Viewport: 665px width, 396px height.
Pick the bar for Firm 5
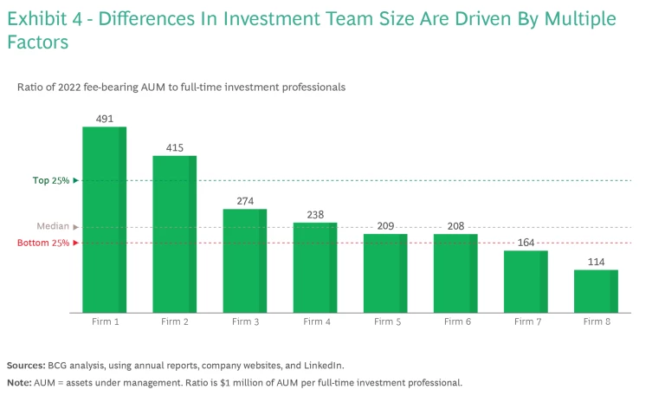(384, 273)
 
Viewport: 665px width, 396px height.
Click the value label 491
(104, 118)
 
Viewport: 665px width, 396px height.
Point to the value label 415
(174, 147)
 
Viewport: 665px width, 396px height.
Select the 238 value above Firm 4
(314, 214)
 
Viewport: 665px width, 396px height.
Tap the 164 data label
(526, 243)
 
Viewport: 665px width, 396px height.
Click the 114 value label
(596, 262)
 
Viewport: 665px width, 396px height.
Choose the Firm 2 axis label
(174, 321)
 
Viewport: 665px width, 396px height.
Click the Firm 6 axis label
(455, 321)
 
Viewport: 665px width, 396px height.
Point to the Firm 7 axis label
(526, 321)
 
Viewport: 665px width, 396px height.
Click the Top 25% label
(52, 180)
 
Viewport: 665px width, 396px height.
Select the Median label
(53, 226)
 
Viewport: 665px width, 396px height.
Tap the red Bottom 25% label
(43, 243)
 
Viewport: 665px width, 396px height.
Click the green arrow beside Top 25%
(76, 180)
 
